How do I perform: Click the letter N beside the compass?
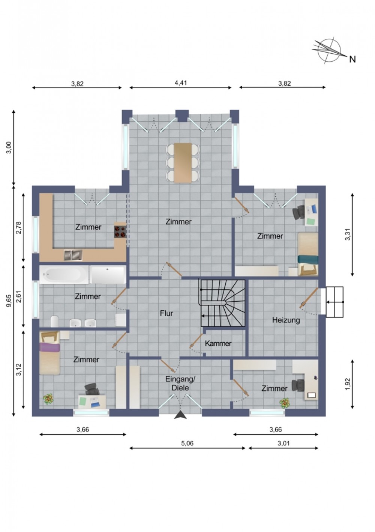352,59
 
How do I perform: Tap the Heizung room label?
286,320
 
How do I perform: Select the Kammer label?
218,343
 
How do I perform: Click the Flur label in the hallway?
166,313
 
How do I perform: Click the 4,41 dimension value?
181,83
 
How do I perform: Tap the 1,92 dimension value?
348,384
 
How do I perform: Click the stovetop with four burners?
120,231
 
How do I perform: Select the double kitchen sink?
73,255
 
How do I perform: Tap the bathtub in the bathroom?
64,274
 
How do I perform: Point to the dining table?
183,163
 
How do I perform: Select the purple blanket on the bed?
50,347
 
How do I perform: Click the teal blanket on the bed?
308,259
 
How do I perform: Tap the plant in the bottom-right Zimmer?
285,403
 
